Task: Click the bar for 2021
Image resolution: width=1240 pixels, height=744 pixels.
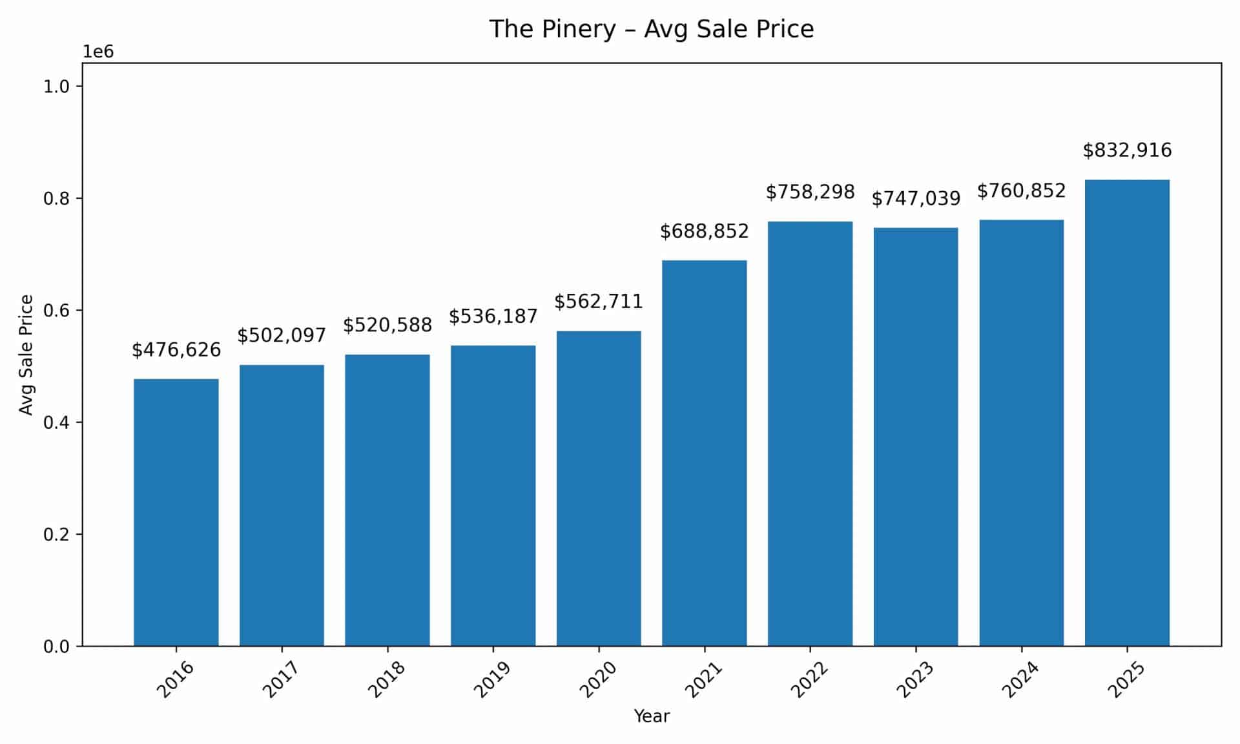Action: (704, 453)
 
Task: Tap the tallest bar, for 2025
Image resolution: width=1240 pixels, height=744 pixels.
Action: (1127, 413)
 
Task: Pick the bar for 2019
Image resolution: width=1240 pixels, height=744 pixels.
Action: (493, 495)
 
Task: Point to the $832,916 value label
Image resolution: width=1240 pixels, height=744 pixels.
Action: (1127, 150)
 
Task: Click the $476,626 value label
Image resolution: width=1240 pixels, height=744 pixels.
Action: (176, 350)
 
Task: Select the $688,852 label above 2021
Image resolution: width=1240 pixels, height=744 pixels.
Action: (704, 231)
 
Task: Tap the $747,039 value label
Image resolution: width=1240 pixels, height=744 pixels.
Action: (916, 198)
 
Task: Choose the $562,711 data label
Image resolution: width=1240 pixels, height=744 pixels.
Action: (598, 302)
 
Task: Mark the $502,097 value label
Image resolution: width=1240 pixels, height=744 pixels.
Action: (282, 335)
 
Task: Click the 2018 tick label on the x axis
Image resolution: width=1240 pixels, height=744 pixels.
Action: (386, 679)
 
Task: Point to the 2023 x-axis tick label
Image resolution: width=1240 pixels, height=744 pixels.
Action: (914, 679)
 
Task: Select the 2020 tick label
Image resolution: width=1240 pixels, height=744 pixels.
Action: (597, 679)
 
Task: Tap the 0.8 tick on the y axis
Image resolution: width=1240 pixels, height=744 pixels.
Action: (56, 199)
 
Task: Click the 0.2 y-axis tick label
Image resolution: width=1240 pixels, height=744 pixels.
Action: (56, 535)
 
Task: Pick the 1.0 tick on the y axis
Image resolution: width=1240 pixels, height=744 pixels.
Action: (56, 87)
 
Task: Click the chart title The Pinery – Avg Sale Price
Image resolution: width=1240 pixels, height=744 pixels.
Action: (651, 29)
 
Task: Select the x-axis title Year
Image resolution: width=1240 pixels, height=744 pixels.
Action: (652, 716)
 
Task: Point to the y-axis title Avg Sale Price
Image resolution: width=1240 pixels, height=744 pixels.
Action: (26, 355)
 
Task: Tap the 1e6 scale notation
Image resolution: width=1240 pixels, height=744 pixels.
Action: (98, 52)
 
